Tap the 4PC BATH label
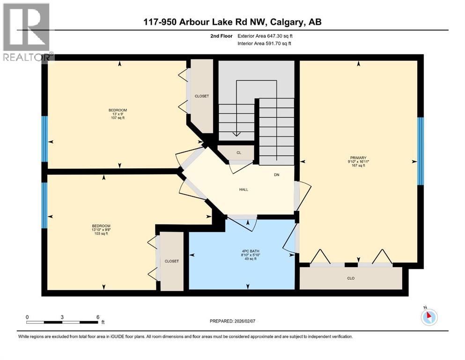click(247, 251)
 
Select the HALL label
click(243, 190)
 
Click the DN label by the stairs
click(277, 175)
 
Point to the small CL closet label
click(238, 153)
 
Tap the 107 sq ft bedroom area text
click(118, 118)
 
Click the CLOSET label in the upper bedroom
click(202, 96)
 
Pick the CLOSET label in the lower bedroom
click(171, 261)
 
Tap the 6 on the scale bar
click(97, 316)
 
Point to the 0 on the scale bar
click(27, 316)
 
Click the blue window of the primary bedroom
click(421, 151)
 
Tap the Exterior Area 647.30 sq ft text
click(267, 36)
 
